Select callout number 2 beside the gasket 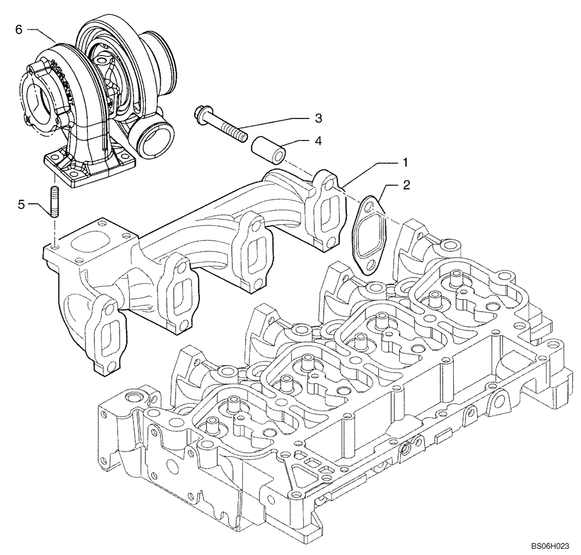point(407,186)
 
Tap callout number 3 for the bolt point(318,118)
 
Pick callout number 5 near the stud point(21,204)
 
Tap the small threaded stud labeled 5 point(54,201)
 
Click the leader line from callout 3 point(273,122)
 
